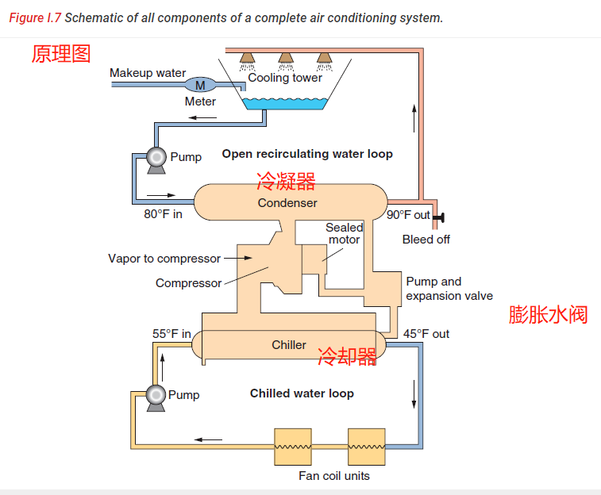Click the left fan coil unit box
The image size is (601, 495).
(293, 447)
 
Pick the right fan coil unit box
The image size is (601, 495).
(366, 447)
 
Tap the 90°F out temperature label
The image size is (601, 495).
(408, 215)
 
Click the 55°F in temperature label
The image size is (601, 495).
(171, 334)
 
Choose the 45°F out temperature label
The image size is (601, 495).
(426, 334)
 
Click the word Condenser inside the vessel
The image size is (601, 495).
(287, 203)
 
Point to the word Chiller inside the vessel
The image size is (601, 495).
(289, 345)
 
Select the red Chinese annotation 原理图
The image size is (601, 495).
(61, 53)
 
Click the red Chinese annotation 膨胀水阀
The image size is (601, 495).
(548, 315)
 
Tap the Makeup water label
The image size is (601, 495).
(148, 73)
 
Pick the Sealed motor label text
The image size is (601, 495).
(345, 234)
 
